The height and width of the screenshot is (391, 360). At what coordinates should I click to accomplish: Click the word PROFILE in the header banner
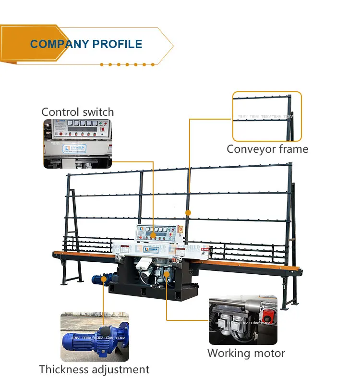(x=117, y=44)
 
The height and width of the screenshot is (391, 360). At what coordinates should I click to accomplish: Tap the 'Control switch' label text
(x=78, y=112)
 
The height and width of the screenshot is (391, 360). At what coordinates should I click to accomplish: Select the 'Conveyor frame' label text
(x=267, y=149)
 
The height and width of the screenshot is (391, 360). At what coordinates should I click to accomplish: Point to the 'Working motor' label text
(x=246, y=353)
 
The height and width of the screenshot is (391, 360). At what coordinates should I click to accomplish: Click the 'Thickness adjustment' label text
(x=94, y=369)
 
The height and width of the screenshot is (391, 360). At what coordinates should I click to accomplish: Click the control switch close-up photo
(x=78, y=144)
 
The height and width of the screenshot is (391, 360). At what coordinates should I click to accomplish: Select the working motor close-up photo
(x=243, y=320)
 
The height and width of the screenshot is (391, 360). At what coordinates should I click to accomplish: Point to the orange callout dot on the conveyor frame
(x=188, y=212)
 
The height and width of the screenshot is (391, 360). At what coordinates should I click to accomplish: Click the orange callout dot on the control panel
(x=153, y=235)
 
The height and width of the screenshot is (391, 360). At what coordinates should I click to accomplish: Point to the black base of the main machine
(x=154, y=288)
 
